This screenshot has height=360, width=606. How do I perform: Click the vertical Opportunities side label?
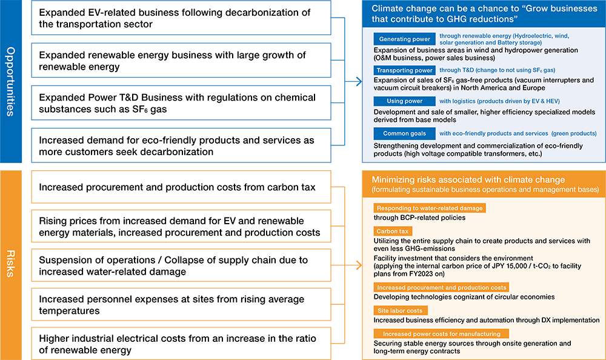point(12,82)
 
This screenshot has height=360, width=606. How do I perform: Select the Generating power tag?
point(403,40)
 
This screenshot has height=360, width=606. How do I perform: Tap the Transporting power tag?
point(403,70)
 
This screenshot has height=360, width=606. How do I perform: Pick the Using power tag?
point(403,101)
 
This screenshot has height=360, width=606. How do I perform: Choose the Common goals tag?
point(403,133)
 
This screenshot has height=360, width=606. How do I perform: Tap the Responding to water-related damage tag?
point(429,208)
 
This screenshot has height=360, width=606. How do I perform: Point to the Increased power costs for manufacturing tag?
point(441,333)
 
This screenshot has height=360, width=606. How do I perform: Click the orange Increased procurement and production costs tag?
point(441,287)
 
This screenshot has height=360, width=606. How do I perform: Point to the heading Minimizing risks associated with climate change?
point(468,179)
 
